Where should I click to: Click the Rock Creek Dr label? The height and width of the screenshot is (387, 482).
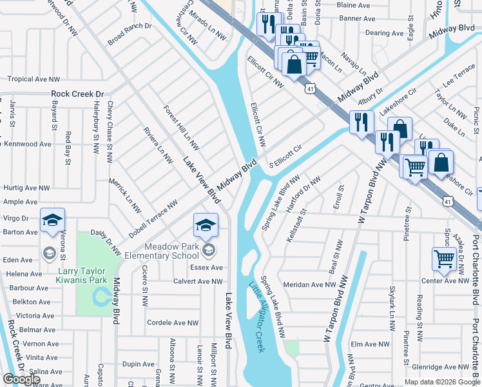click(x=77, y=94)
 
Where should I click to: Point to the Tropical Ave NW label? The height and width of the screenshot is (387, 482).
click(x=33, y=79)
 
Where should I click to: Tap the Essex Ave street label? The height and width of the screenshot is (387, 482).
click(x=206, y=267)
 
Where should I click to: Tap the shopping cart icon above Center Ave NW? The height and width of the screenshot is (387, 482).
click(x=445, y=259)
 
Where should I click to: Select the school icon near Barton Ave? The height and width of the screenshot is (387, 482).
click(x=52, y=220)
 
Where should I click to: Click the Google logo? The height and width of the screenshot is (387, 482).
click(x=22, y=379)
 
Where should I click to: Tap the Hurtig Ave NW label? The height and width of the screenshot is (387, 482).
click(x=26, y=188)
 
